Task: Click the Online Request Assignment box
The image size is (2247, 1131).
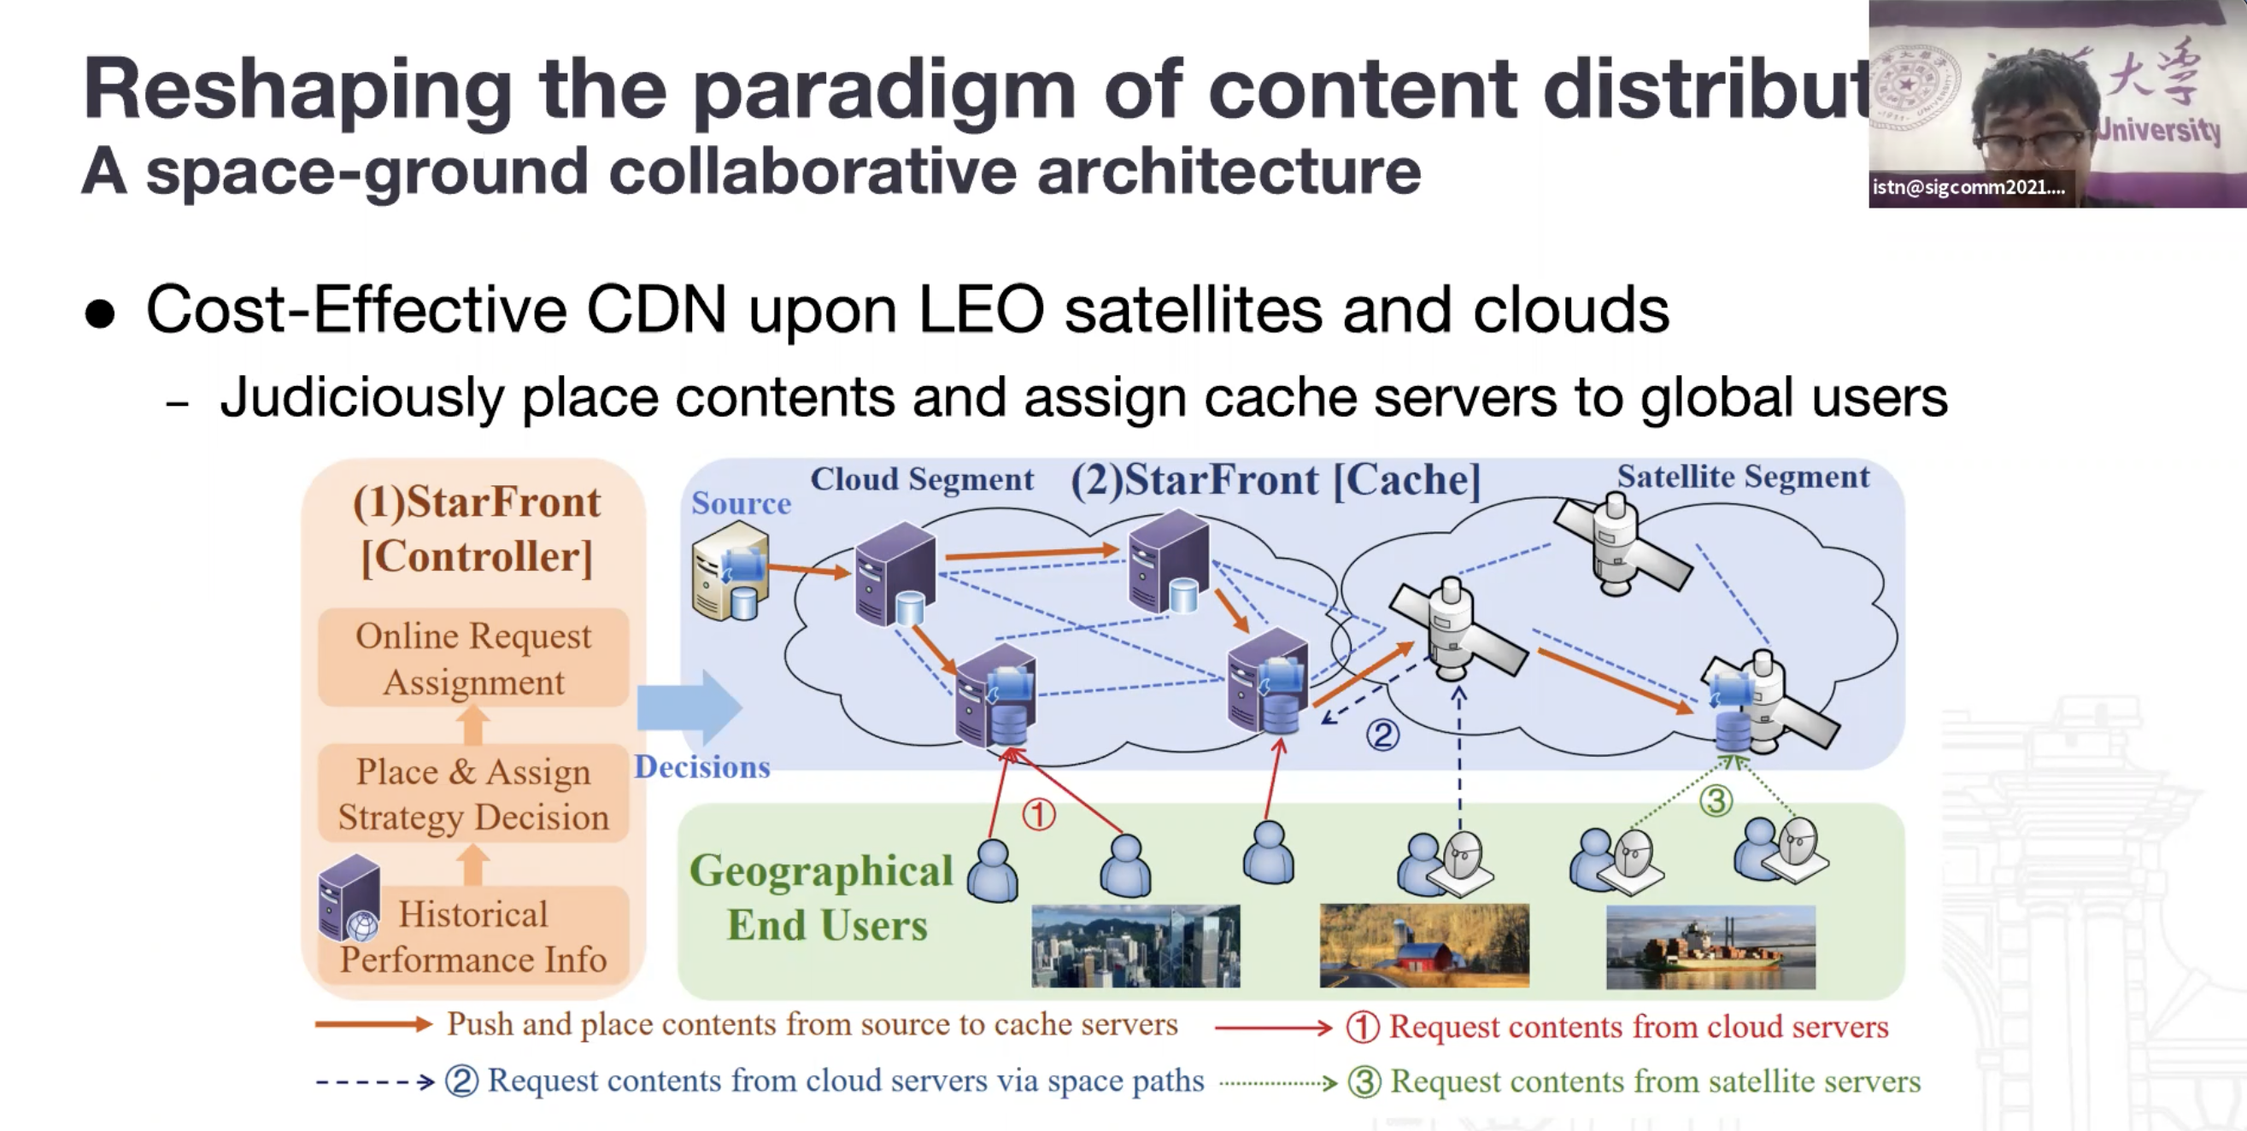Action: (x=472, y=658)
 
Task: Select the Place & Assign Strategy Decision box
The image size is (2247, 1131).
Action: (x=472, y=794)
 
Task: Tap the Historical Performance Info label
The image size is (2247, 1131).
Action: (x=473, y=936)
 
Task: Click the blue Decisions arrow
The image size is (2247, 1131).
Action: (x=689, y=706)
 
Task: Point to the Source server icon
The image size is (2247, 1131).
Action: (x=730, y=572)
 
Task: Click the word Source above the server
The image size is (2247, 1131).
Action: (x=741, y=503)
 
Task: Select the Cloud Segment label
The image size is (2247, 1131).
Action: (x=921, y=478)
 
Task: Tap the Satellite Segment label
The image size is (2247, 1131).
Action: (x=1743, y=476)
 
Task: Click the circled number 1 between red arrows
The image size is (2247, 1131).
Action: (x=1038, y=814)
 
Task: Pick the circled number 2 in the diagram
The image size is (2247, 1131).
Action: (x=1382, y=735)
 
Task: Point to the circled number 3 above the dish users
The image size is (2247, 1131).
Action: (x=1716, y=800)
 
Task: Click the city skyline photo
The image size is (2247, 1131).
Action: (x=1135, y=946)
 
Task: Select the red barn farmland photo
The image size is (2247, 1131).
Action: (x=1423, y=946)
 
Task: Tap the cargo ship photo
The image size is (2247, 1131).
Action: (x=1710, y=946)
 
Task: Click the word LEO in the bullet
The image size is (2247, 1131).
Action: (x=981, y=309)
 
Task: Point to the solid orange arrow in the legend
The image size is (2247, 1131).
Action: (x=373, y=1024)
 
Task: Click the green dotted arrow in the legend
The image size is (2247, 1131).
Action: (x=1278, y=1083)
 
